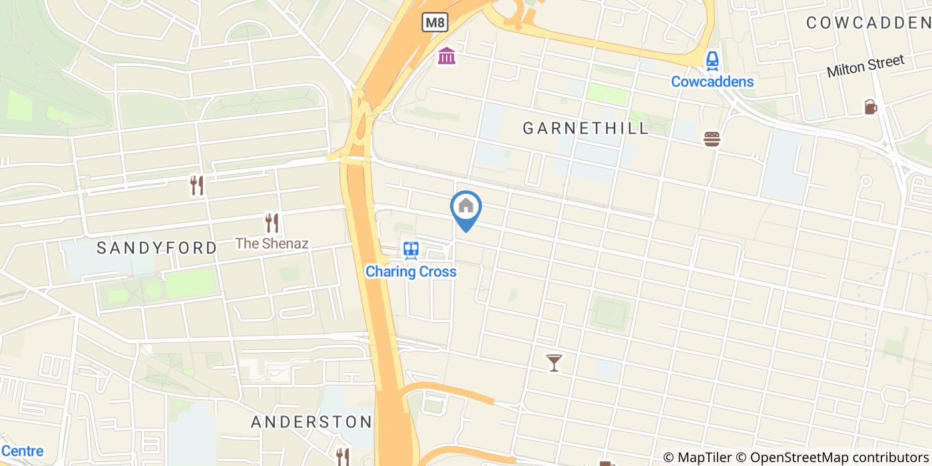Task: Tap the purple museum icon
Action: coord(447,56)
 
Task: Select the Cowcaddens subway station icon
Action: coord(712,61)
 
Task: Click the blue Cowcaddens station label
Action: coord(712,82)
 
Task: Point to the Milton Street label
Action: coord(865,66)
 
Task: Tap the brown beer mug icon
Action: coord(871,107)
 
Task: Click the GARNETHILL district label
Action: coord(586,128)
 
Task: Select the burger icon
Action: coord(712,139)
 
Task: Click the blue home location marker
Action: coord(466,208)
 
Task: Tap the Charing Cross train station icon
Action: coord(411,250)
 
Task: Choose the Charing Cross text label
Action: coord(411,272)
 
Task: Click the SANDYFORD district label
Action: coord(157,248)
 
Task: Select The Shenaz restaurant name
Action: coord(272,243)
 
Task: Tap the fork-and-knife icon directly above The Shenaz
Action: coord(272,222)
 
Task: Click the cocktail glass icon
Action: coord(554,363)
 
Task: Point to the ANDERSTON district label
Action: coord(311,422)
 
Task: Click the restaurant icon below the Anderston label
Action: coord(343,457)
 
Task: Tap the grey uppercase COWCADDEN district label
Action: coord(868,23)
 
